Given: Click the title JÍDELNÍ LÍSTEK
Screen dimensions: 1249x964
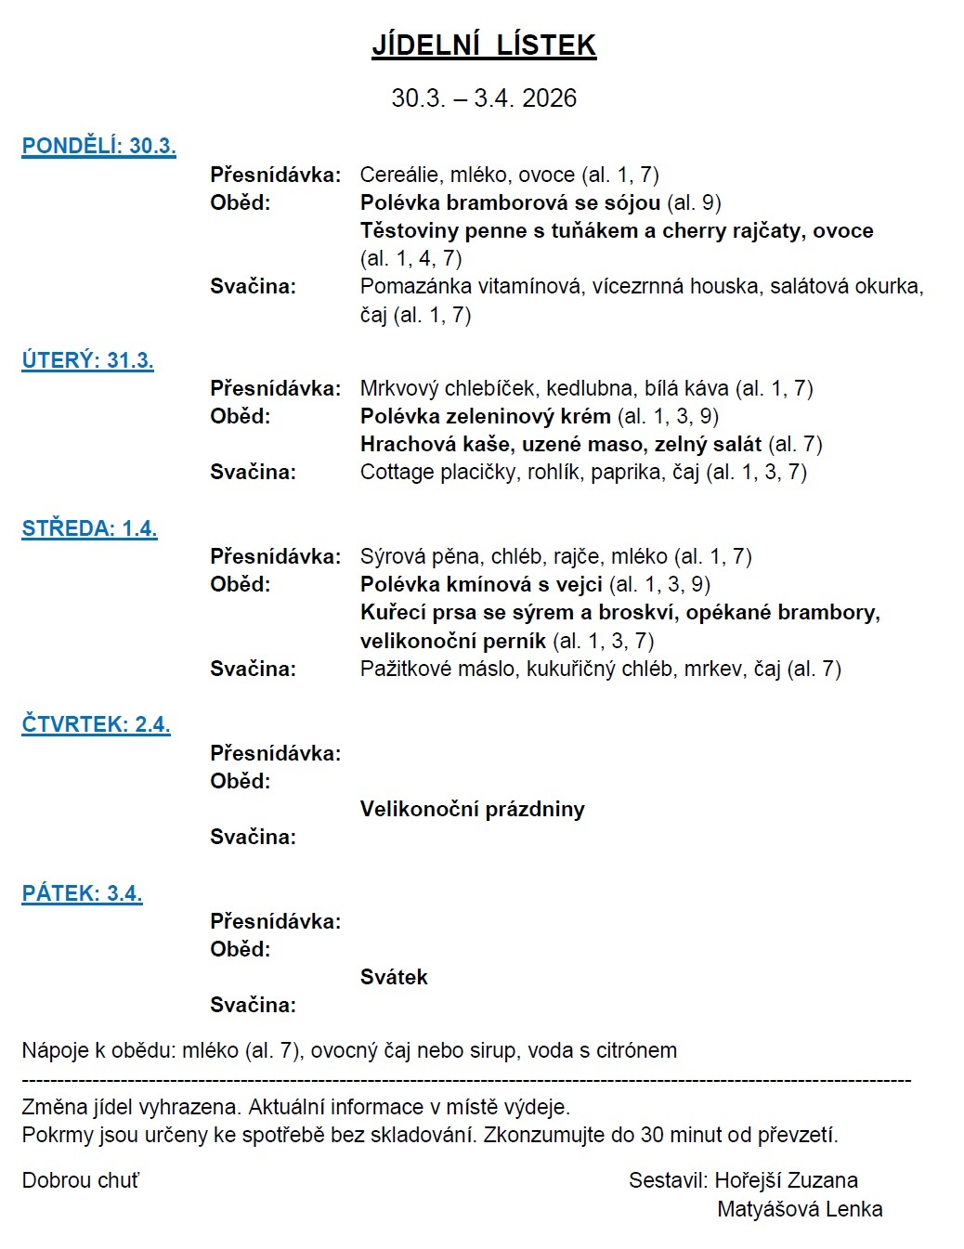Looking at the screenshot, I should click(484, 45).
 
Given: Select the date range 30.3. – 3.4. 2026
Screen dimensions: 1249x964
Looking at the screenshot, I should click(484, 98).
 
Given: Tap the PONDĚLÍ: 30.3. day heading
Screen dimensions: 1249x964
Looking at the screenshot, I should click(98, 146).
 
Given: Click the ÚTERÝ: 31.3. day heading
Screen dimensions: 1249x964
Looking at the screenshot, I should click(87, 360).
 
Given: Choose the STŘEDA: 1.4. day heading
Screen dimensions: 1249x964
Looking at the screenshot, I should click(89, 528).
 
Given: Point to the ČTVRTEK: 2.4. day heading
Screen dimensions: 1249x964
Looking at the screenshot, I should click(96, 724).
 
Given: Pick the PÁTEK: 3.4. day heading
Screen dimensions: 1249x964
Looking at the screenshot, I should click(82, 893).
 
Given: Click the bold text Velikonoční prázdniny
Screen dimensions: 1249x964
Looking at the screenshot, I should click(472, 809).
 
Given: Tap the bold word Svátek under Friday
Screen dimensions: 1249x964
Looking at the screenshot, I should click(394, 977).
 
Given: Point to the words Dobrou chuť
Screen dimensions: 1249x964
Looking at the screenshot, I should click(81, 1180).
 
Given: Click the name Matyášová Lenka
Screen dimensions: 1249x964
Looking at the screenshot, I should click(800, 1209).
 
